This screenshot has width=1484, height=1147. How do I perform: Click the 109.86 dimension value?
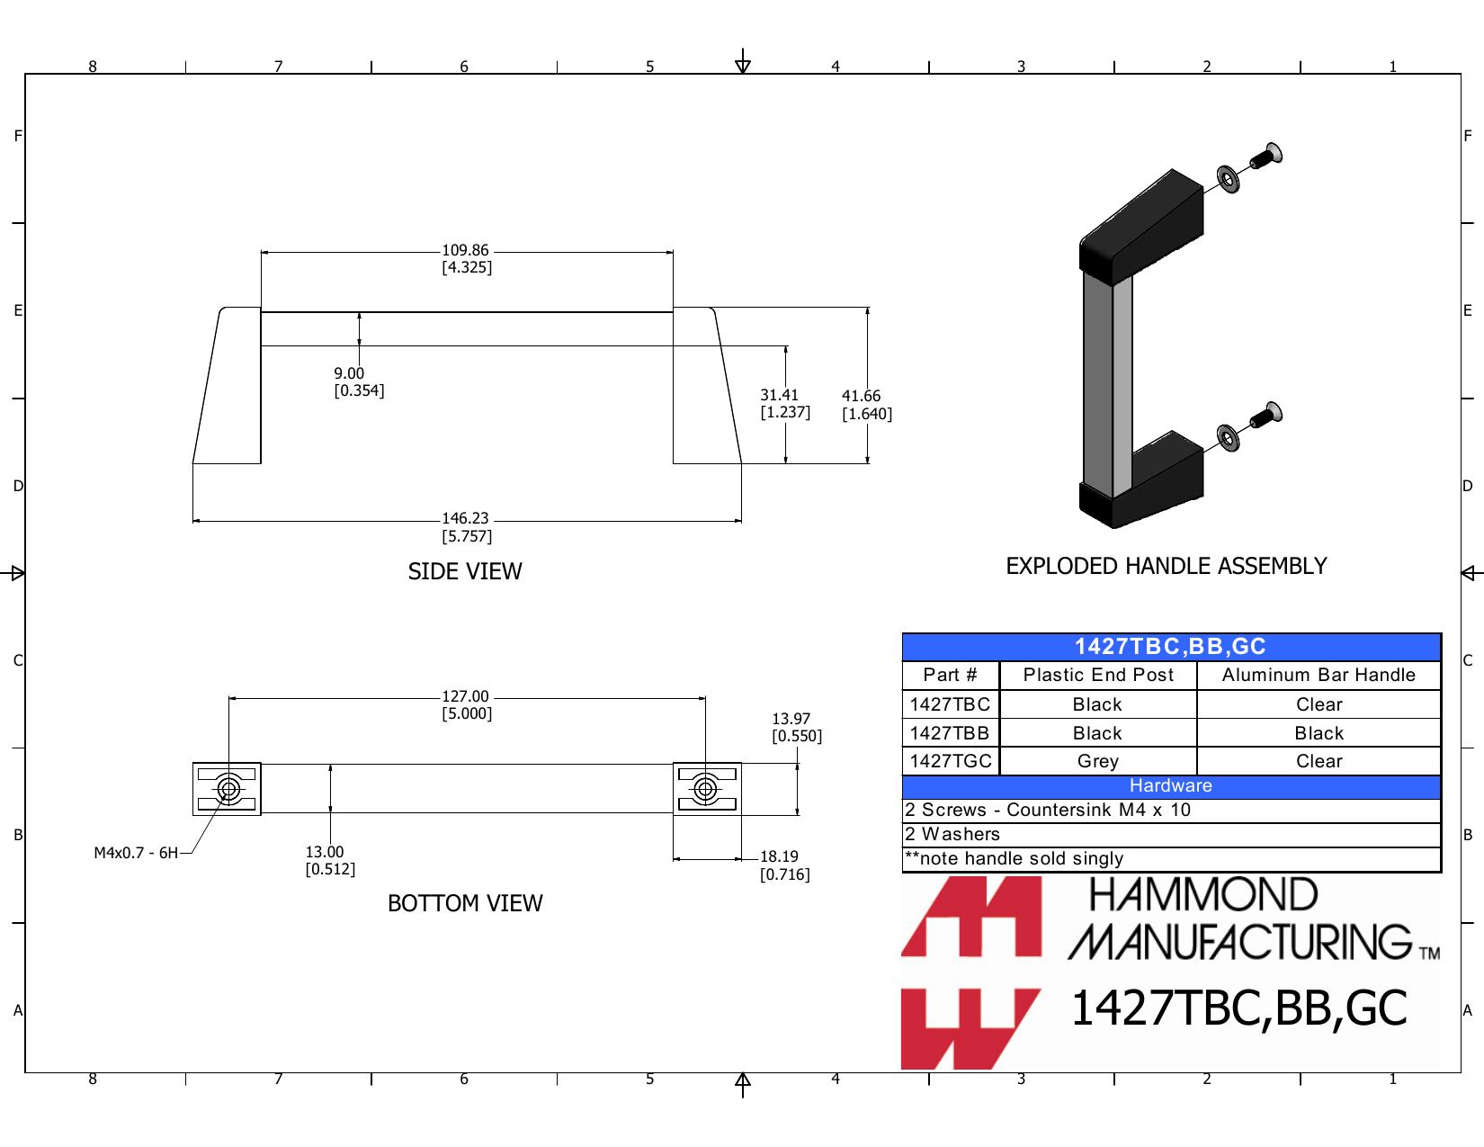tap(466, 258)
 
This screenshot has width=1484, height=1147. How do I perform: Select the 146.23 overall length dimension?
tap(466, 526)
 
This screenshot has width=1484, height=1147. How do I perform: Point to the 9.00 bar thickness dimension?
tap(359, 381)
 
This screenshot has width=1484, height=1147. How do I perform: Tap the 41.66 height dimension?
tap(867, 405)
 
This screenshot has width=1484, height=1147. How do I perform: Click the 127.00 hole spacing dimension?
tap(466, 704)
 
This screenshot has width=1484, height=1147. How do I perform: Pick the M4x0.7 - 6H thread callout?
tap(135, 853)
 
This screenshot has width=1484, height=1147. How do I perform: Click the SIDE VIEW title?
tap(465, 571)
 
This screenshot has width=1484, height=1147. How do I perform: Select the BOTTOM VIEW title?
tap(465, 903)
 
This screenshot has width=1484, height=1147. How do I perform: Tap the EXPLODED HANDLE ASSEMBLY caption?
tap(1166, 566)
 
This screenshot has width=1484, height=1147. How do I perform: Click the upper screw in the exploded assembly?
tap(1265, 157)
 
